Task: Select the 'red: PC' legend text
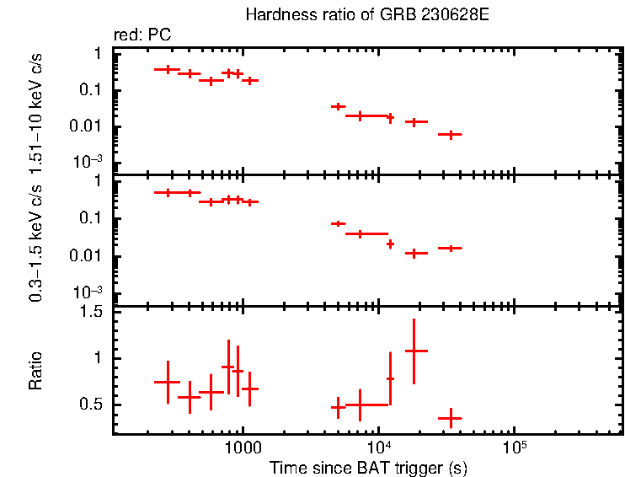click(x=142, y=35)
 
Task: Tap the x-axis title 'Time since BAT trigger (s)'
click(x=368, y=466)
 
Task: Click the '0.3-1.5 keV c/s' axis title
click(x=36, y=239)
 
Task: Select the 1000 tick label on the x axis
click(x=243, y=448)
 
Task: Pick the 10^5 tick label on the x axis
click(x=514, y=447)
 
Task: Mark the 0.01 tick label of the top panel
click(x=89, y=126)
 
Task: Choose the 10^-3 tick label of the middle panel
click(x=89, y=292)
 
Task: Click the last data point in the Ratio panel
click(x=451, y=418)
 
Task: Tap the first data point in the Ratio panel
click(x=168, y=382)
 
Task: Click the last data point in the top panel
click(x=451, y=134)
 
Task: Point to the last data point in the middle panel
click(x=451, y=248)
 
